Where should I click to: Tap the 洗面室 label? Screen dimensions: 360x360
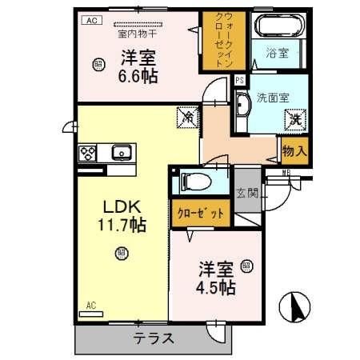[x=273, y=98]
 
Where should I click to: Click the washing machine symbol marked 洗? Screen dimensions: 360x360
[x=295, y=120]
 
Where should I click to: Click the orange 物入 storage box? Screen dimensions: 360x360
[x=293, y=150]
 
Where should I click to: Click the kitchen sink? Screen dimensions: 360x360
[x=121, y=151]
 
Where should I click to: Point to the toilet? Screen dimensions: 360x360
[x=195, y=181]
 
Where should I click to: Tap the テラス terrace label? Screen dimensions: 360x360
[x=154, y=338]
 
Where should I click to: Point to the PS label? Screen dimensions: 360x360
[x=239, y=78]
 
